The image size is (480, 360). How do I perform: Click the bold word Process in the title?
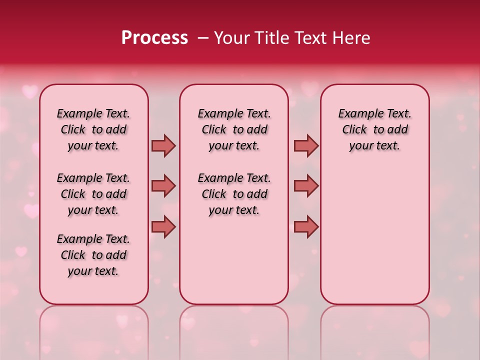point(154,38)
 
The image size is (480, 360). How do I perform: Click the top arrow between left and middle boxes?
point(163,146)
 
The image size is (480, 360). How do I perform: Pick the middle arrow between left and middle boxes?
point(163,186)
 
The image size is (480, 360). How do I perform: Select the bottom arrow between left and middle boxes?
point(163,226)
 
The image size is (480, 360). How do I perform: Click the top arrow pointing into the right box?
point(306,146)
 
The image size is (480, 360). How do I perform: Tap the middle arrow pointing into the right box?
point(306,186)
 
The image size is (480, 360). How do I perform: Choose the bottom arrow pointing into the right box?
point(306,226)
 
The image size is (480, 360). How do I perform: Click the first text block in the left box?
point(93,129)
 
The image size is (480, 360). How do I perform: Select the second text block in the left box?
point(93,194)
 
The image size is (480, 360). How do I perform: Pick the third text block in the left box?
point(93,255)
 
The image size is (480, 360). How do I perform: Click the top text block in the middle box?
point(234,129)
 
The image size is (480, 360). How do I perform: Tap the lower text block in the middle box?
point(234,194)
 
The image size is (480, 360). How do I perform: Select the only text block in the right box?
point(374,129)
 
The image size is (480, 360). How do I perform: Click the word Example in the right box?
point(358,113)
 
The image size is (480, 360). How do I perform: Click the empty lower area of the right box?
point(374,240)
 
